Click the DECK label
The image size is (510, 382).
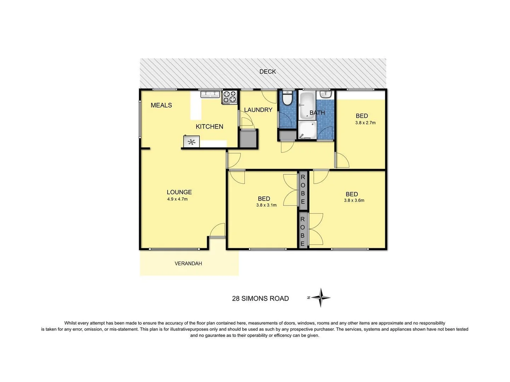click(267, 71)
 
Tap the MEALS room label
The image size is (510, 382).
click(161, 105)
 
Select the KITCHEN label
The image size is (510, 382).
click(209, 127)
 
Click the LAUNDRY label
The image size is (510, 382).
click(258, 110)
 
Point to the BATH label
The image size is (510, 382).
click(317, 113)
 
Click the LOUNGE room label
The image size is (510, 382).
click(179, 192)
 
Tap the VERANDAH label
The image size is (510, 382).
click(188, 264)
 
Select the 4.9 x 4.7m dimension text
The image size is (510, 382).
click(177, 199)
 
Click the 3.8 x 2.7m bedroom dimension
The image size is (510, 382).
click(365, 123)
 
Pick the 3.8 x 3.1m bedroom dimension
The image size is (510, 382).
click(266, 205)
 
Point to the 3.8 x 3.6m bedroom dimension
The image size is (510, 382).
click(354, 200)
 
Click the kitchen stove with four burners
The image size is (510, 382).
click(229, 97)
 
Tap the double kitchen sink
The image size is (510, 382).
click(210, 94)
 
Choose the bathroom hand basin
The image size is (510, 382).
click(325, 94)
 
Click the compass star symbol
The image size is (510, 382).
click(321, 297)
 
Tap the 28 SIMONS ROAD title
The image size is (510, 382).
click(260, 299)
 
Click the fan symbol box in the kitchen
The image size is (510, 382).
click(191, 142)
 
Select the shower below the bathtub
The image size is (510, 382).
click(307, 130)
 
